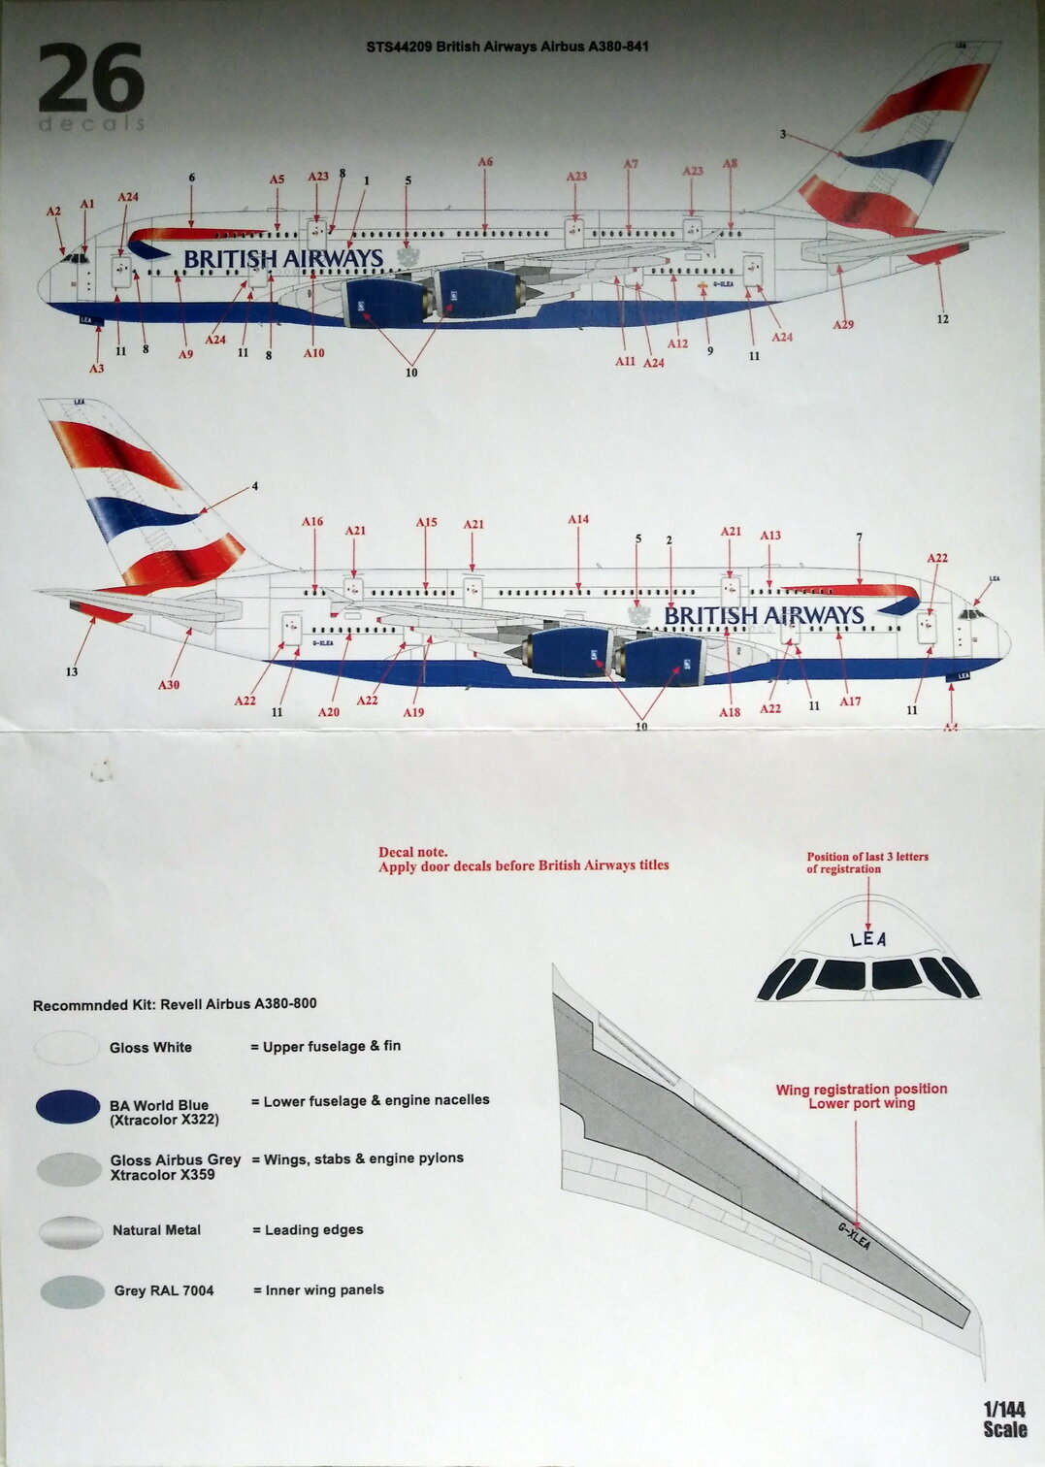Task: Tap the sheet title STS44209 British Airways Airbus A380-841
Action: pos(507,47)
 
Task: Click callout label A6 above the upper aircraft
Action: pos(485,162)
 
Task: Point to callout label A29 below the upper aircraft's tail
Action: pos(843,324)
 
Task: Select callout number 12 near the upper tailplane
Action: pos(942,318)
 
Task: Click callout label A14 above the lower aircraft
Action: pos(578,520)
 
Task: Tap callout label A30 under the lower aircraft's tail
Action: pos(169,685)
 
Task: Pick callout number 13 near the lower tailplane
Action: pos(72,671)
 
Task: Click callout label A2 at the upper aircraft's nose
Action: pos(53,212)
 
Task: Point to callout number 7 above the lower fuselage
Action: pos(859,538)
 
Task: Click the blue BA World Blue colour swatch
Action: pos(68,1108)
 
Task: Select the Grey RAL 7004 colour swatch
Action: pos(72,1291)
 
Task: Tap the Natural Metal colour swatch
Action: pos(71,1231)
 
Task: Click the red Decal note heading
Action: pos(413,852)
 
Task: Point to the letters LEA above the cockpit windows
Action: pos(867,938)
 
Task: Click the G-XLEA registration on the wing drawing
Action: pos(854,1235)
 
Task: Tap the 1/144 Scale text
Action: pos(1004,1419)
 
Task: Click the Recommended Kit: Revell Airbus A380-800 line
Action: pos(175,1005)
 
